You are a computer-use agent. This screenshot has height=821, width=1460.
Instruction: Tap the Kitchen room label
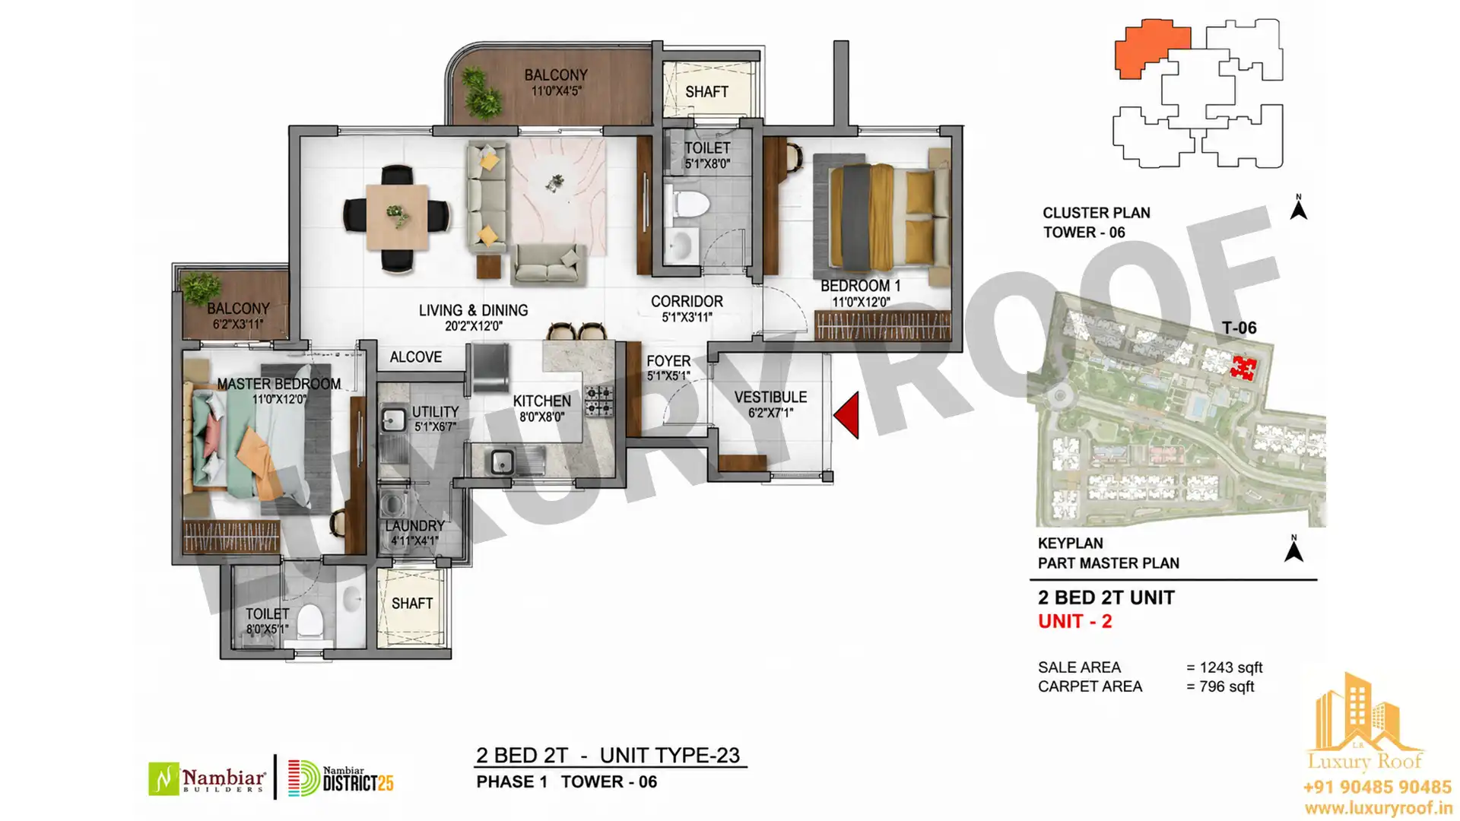click(541, 401)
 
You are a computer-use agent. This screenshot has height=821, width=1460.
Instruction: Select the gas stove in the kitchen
click(598, 401)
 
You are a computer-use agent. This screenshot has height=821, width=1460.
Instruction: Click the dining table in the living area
click(396, 217)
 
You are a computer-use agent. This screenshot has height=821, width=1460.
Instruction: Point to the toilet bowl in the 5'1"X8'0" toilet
click(690, 204)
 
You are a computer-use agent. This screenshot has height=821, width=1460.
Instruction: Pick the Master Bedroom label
click(279, 384)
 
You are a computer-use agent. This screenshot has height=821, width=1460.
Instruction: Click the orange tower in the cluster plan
click(1151, 48)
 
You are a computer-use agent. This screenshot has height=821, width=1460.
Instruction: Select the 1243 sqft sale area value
click(1230, 667)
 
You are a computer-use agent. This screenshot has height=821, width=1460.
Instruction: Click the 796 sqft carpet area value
click(1227, 686)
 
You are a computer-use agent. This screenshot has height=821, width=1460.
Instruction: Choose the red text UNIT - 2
click(1074, 621)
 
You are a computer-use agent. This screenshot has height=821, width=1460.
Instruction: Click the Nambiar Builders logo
click(207, 779)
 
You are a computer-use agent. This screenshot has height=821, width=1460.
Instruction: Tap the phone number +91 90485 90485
click(1377, 787)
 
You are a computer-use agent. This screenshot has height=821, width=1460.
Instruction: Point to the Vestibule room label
click(770, 397)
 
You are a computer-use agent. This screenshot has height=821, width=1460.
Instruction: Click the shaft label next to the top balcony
click(706, 92)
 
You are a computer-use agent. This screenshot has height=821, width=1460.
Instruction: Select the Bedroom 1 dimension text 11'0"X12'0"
click(861, 302)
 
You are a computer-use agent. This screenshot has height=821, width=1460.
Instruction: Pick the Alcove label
click(415, 357)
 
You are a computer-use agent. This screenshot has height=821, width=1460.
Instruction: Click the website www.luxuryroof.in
click(1377, 808)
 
